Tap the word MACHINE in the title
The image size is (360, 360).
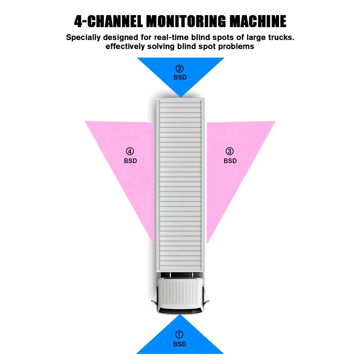click(x=258, y=21)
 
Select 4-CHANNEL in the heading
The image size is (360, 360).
click(x=108, y=21)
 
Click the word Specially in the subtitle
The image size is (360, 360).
click(x=83, y=37)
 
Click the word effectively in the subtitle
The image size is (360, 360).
click(x=125, y=46)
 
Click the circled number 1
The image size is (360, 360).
click(x=179, y=334)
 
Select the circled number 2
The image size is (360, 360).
click(x=180, y=69)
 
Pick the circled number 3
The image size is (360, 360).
click(x=230, y=151)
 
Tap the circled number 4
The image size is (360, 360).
click(x=130, y=151)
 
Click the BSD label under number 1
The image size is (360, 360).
click(x=180, y=344)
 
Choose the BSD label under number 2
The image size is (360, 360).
click(x=180, y=77)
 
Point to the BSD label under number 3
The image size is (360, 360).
click(x=230, y=161)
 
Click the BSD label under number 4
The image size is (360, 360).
click(x=130, y=161)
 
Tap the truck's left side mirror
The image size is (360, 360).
click(x=154, y=302)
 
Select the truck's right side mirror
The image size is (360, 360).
click(x=206, y=301)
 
